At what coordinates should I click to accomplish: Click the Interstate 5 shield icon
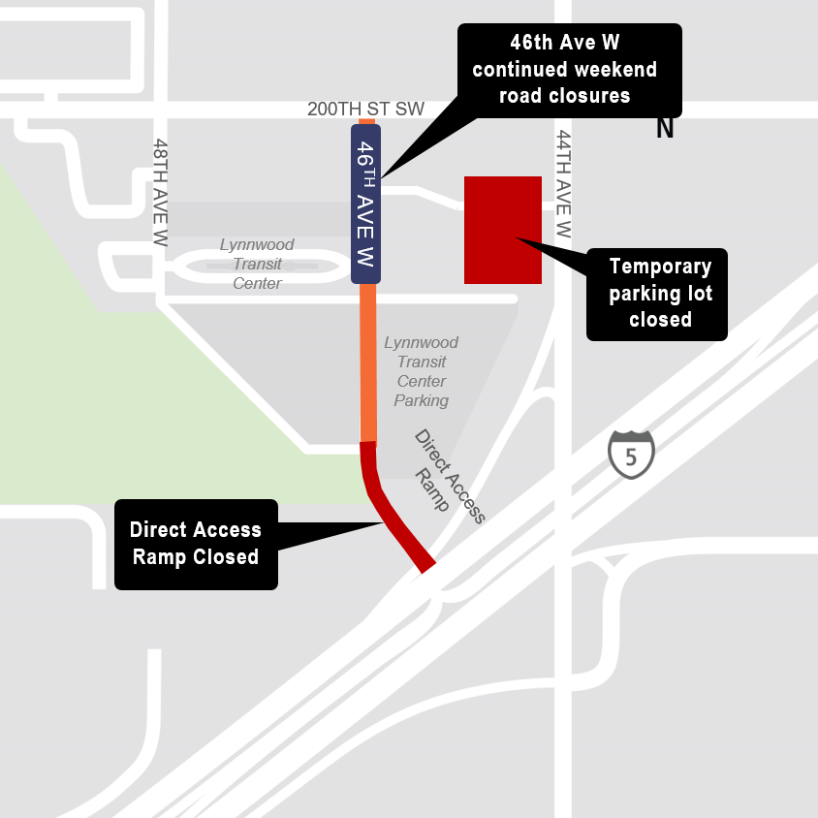point(631,455)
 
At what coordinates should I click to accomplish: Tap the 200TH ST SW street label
point(365,109)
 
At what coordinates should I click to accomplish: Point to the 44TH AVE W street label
point(564,185)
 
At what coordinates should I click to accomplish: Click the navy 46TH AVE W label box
point(365,204)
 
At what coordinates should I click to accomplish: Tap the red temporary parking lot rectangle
point(502,230)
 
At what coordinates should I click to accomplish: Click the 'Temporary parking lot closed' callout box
point(656,294)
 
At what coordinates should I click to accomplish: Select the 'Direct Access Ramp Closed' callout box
point(196,544)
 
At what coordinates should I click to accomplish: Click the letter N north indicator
point(665,128)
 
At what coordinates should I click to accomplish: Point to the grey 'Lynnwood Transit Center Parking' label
point(422,371)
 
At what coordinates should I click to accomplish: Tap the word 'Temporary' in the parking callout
point(660,267)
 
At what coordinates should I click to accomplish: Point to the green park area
point(58,388)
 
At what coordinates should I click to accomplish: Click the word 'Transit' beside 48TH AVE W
point(257,264)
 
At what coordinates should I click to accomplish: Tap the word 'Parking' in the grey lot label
point(422,400)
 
